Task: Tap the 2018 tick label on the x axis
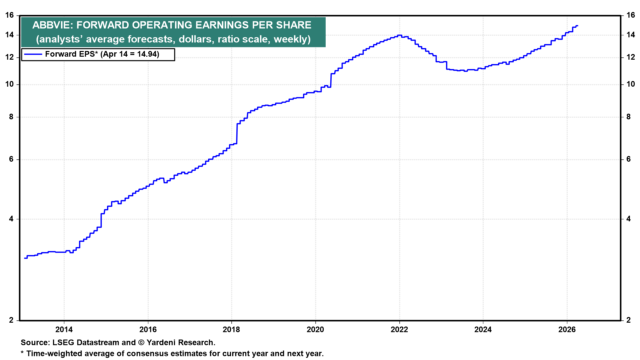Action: tap(231, 330)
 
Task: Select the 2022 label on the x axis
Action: tap(399, 330)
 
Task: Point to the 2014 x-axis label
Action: tap(64, 330)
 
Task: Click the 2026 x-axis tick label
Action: tap(567, 330)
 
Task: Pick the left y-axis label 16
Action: tap(10, 15)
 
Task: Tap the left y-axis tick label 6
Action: tap(12, 159)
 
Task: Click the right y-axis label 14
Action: tap(630, 35)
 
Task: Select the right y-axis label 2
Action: tap(628, 320)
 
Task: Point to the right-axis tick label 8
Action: tap(628, 117)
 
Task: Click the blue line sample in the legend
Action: tap(33, 54)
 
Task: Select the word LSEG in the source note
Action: tap(64, 343)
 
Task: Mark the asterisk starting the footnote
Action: tap(22, 353)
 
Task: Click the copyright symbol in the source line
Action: tap(141, 343)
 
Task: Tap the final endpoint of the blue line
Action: tap(577, 26)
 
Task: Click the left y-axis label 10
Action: tap(10, 84)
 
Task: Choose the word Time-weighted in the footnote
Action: tap(53, 354)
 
